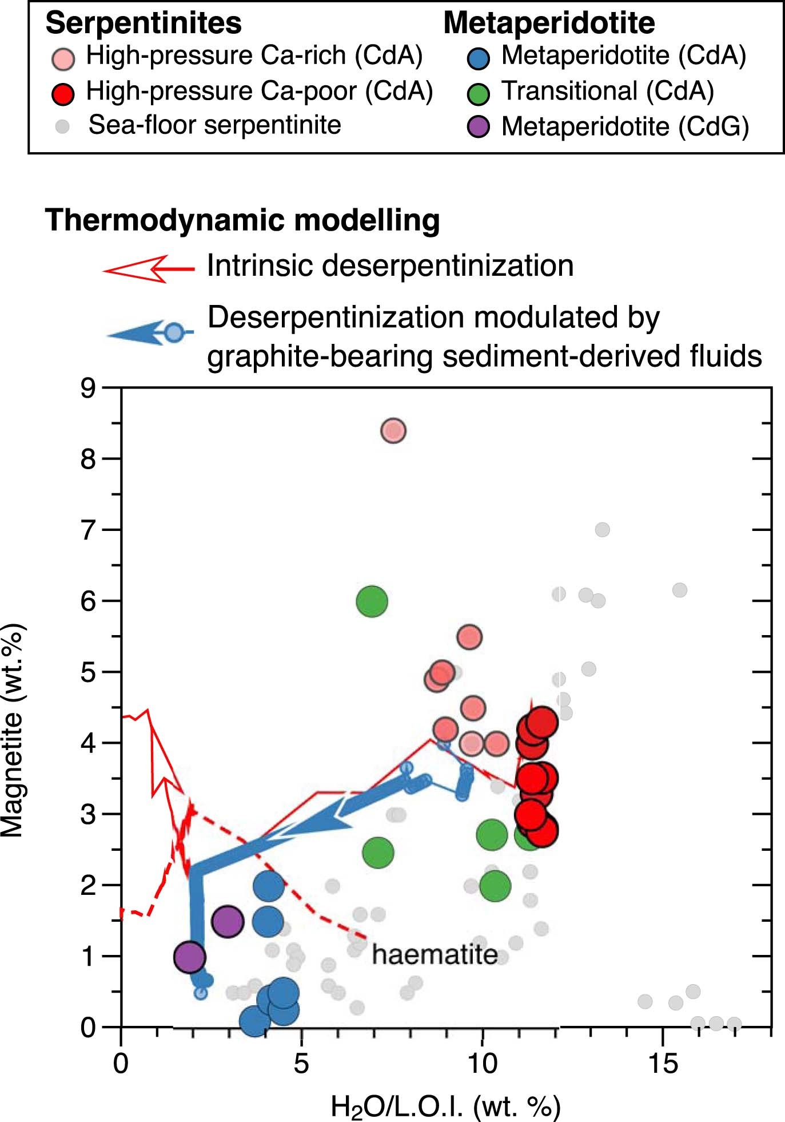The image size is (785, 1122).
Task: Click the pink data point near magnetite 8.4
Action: pyautogui.click(x=393, y=430)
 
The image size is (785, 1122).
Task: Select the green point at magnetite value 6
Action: pyautogui.click(x=372, y=601)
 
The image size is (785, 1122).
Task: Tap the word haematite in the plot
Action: pyautogui.click(x=435, y=954)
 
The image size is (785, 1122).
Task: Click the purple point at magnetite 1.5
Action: pyautogui.click(x=228, y=921)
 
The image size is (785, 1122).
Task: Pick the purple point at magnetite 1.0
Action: pyautogui.click(x=190, y=957)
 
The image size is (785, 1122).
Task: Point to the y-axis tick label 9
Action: pyautogui.click(x=88, y=388)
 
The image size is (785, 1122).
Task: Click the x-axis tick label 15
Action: pyautogui.click(x=663, y=1064)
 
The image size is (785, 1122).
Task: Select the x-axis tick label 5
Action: pyautogui.click(x=301, y=1064)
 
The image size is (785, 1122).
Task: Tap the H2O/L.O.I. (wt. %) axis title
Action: pyautogui.click(x=446, y=1107)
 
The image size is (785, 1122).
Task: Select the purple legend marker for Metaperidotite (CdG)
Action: pyautogui.click(x=479, y=126)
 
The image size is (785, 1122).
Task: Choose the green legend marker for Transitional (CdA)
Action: pyautogui.click(x=479, y=93)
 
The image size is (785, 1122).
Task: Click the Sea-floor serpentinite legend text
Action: pyautogui.click(x=214, y=125)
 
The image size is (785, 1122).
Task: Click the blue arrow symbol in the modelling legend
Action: pyautogui.click(x=150, y=332)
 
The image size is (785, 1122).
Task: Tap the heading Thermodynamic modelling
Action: pyautogui.click(x=242, y=220)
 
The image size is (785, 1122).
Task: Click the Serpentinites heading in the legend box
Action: pyautogui.click(x=144, y=23)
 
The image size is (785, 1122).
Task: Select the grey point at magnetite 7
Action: pyautogui.click(x=602, y=530)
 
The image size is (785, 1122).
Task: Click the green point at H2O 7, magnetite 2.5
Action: pyautogui.click(x=378, y=853)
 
